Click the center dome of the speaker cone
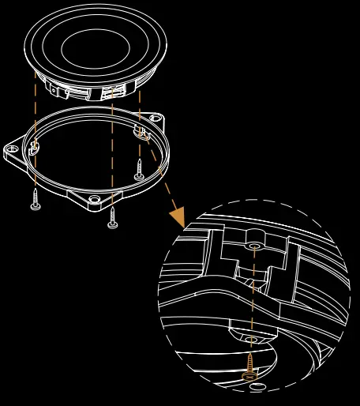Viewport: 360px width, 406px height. (x=95, y=48)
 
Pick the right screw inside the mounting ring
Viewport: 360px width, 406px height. (x=139, y=170)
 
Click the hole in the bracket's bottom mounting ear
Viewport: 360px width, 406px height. (x=95, y=199)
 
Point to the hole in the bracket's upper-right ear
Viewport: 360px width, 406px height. (x=156, y=118)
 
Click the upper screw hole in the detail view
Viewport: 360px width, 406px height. (x=253, y=246)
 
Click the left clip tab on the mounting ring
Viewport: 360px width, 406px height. (x=34, y=145)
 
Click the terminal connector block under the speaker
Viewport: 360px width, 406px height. (x=103, y=92)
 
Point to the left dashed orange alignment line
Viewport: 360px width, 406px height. (x=35, y=111)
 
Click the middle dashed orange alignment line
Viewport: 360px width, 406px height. (x=112, y=150)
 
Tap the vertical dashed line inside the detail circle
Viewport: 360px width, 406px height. (x=253, y=300)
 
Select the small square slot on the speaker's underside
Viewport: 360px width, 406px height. (x=54, y=90)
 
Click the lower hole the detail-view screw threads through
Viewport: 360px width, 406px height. (x=252, y=340)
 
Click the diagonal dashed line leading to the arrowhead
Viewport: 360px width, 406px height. (x=162, y=178)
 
